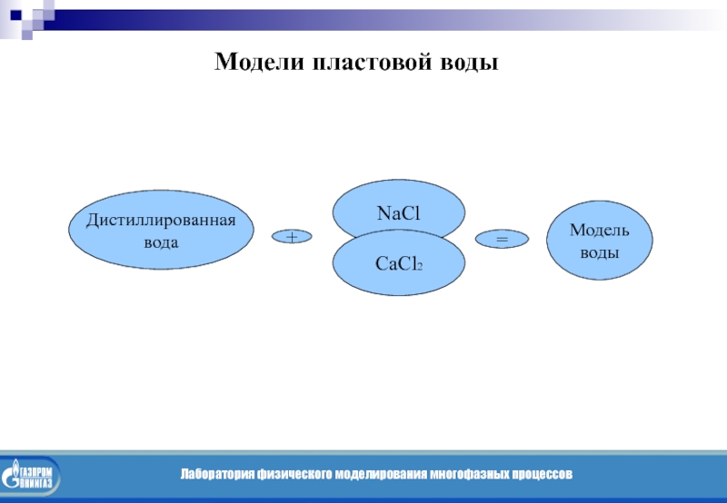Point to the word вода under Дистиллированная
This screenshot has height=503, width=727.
[x=161, y=242]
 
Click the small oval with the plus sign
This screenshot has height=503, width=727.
[x=292, y=237]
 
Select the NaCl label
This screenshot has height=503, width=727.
[x=399, y=214]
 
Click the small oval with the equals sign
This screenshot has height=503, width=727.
[x=501, y=239]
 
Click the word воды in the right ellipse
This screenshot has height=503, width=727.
[x=600, y=251]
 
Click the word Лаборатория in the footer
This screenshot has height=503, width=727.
[x=216, y=475]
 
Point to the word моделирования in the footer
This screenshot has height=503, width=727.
[x=379, y=475]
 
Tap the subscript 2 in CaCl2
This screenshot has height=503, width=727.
[x=419, y=267]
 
